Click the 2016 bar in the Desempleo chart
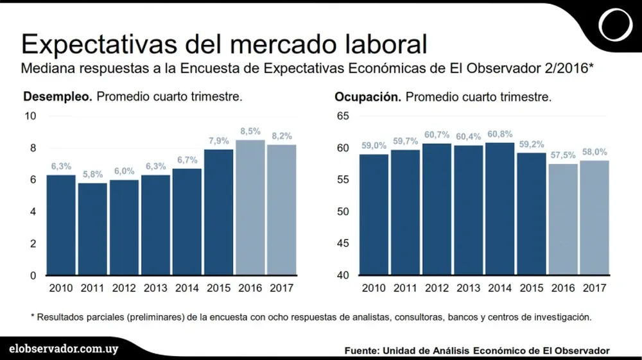250,208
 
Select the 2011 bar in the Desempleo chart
92,229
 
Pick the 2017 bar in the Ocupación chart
594,218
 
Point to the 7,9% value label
219,141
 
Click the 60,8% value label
500,134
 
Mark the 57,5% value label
563,155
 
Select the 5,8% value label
92,175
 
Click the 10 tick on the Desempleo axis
30,116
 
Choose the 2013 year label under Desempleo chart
156,288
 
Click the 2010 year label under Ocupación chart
374,288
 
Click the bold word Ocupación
368,98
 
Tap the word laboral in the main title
378,44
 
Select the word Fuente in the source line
361,350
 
